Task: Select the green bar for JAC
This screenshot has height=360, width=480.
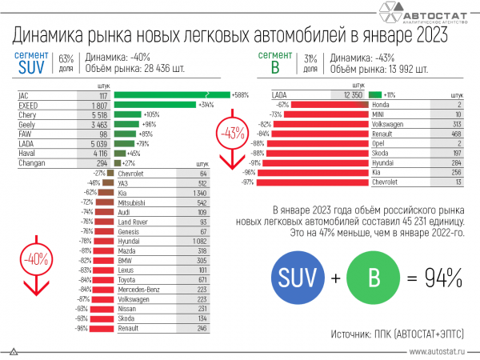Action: [x=171, y=94]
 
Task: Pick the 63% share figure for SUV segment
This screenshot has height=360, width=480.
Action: [x=66, y=58]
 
